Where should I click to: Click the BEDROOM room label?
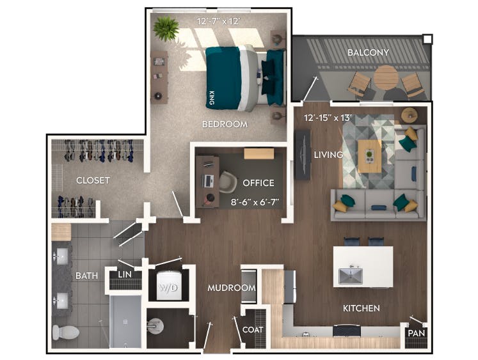point(225,124)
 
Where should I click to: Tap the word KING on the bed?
point(212,98)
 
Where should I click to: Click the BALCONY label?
point(368,52)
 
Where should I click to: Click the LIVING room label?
point(328,155)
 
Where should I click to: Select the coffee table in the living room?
point(368,155)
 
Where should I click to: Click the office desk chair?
point(227,181)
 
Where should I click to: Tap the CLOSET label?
point(93,180)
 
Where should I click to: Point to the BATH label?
point(86,276)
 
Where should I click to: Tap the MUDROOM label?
point(232,288)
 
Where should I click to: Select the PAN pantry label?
point(417,333)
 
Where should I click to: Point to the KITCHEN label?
point(362,308)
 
